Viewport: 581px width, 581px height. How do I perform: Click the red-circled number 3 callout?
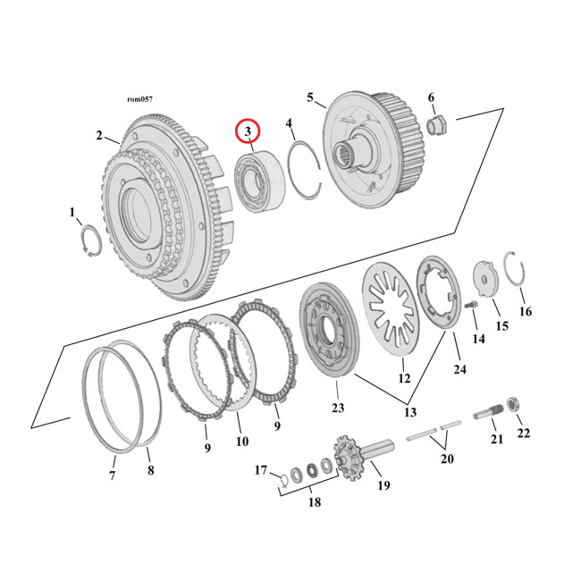[x=248, y=132]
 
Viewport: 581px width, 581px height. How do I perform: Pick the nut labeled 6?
[x=438, y=125]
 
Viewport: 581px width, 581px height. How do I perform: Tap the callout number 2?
[x=99, y=136]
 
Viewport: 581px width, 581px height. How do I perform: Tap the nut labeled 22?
[x=516, y=407]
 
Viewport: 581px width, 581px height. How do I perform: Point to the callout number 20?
[x=446, y=459]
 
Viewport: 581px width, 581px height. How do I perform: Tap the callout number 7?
[x=113, y=476]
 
